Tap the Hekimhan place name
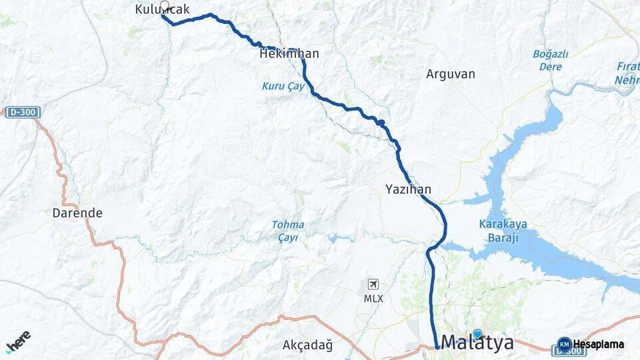click(289, 54)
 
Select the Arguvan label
click(451, 74)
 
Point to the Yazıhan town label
click(408, 189)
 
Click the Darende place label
click(77, 213)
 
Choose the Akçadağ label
click(307, 345)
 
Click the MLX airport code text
click(373, 299)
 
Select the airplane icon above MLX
click(373, 285)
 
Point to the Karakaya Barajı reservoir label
click(503, 230)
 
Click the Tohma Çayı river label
click(288, 231)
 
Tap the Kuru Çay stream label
click(283, 87)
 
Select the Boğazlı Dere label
click(550, 60)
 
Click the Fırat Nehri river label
click(627, 74)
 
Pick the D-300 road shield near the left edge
click(23, 113)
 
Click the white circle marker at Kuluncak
click(164, 5)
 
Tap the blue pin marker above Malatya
click(477, 333)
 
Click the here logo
click(18, 341)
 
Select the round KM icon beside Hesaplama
click(564, 345)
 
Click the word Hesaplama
click(599, 345)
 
